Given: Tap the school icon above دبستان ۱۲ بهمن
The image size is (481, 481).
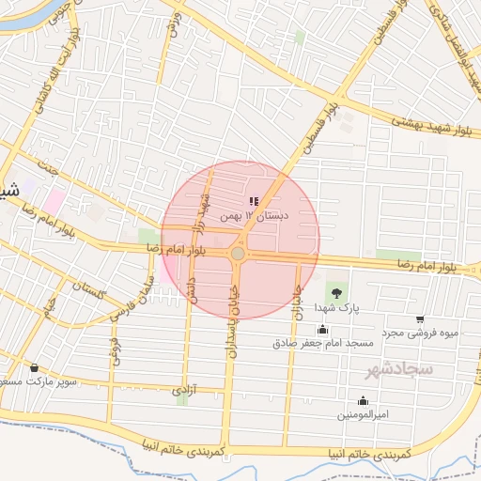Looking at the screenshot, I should pos(253,201).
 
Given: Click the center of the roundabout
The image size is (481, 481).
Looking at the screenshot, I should pos(239,254).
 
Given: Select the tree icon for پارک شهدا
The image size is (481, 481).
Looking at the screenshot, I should pos(337,291).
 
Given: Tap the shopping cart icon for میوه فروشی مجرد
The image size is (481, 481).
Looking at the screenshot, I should pos(419,319).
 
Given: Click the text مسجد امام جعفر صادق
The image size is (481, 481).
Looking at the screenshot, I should pos(323,343).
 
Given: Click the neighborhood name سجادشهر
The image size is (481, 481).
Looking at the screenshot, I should pos(400,369).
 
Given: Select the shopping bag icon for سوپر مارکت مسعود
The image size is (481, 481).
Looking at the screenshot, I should pos(35,367).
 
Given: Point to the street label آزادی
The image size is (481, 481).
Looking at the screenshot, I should pos(181,388).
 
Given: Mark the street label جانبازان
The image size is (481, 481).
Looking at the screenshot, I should pos(294,301).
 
